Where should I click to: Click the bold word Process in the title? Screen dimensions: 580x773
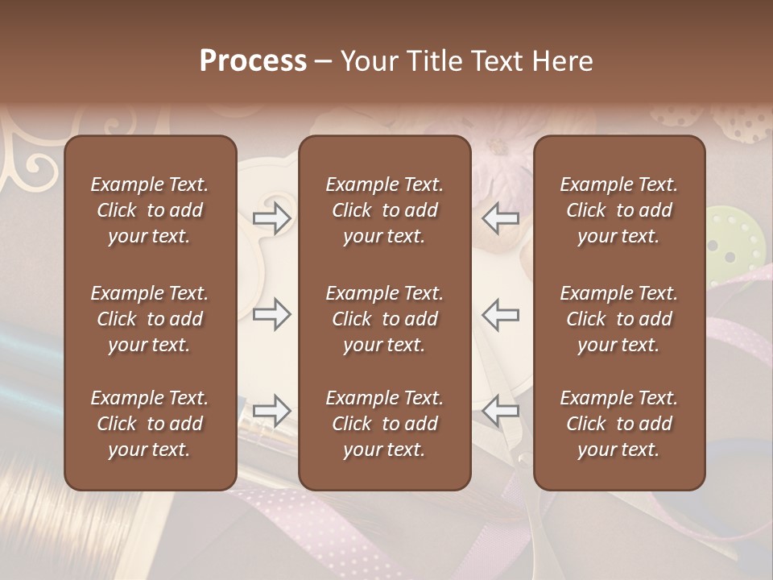click(253, 61)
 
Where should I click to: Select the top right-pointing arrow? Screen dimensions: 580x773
click(272, 217)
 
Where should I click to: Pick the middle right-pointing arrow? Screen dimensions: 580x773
click(272, 314)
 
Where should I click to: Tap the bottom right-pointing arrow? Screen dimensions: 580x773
click(272, 411)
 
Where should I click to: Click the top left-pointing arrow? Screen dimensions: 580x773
click(501, 217)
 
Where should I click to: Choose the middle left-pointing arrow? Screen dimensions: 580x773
click(501, 314)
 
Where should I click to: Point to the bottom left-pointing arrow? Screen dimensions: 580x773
click(501, 411)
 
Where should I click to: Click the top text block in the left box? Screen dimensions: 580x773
click(150, 210)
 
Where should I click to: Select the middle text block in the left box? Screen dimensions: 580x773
click(150, 319)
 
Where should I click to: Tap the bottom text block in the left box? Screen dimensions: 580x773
click(150, 424)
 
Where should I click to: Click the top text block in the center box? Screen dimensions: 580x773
click(384, 210)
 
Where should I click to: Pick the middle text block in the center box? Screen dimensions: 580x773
click(384, 319)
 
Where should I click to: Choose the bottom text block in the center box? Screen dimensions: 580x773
click(384, 424)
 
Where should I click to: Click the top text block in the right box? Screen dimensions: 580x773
click(618, 210)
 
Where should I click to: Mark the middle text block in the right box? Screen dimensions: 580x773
click(618, 319)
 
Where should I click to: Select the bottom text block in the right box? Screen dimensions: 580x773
click(618, 424)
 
